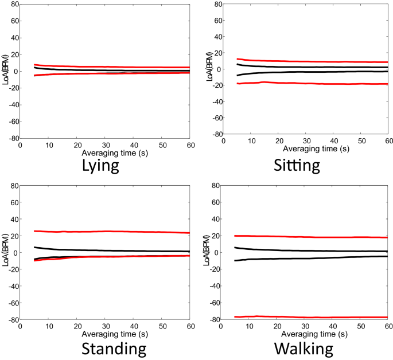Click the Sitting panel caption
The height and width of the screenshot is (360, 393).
tap(296, 167)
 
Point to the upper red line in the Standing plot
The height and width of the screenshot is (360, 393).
tap(103, 232)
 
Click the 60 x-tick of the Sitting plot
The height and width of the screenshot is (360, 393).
tap(388, 140)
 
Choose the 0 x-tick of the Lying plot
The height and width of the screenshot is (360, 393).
tap(20, 145)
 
